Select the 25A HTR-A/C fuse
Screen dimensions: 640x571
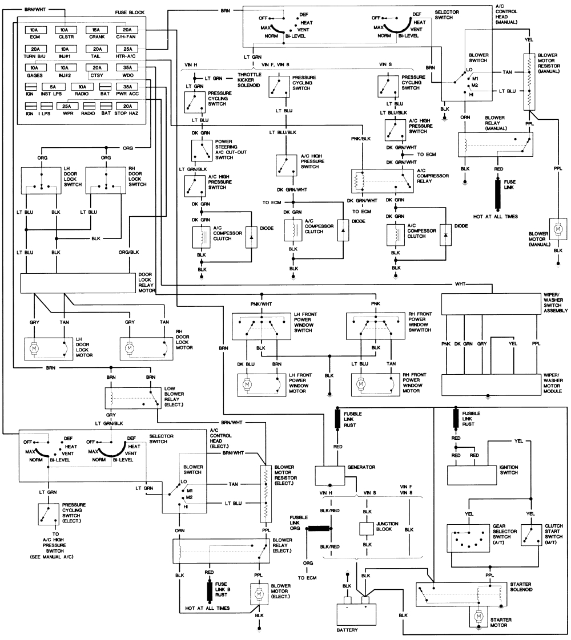[x=127, y=49]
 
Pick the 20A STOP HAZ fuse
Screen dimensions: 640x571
[x=127, y=107]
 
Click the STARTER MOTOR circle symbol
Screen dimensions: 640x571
[x=476, y=618]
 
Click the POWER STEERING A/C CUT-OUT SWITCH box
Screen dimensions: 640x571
[x=199, y=149]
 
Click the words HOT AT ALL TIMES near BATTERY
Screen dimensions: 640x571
[x=207, y=608]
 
